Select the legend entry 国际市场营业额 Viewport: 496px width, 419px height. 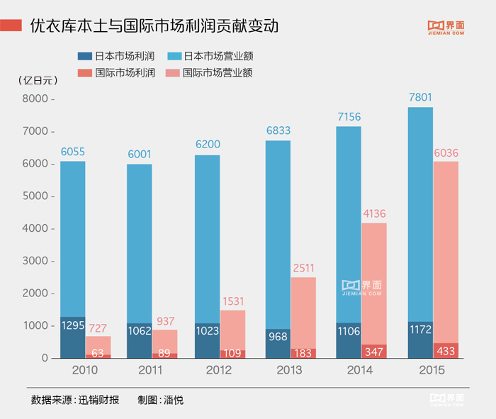(218, 72)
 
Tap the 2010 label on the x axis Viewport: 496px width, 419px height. (85, 370)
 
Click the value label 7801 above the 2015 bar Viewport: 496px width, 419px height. (420, 98)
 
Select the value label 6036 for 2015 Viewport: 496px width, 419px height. (446, 152)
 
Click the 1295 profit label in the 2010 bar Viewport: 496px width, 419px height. (73, 326)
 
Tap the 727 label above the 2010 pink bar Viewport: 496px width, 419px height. (98, 327)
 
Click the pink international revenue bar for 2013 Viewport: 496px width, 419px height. (303, 312)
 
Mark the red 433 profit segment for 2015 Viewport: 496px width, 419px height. (446, 350)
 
